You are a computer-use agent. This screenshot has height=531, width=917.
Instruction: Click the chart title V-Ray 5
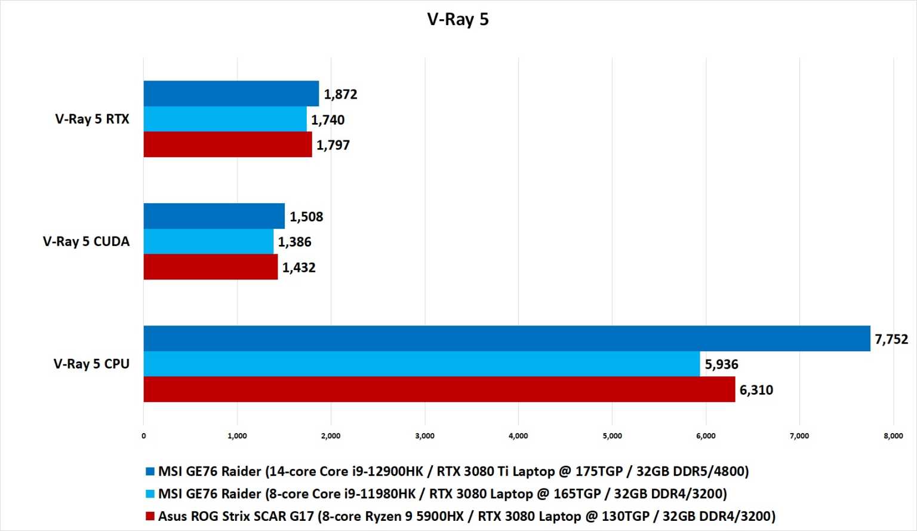(458, 19)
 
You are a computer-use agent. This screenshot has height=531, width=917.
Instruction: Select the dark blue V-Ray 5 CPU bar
(506, 339)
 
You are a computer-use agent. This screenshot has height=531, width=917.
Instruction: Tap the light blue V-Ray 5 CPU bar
(421, 364)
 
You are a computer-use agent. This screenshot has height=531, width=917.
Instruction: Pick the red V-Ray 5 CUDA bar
(210, 267)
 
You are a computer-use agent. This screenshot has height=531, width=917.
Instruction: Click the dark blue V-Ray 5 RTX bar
(231, 94)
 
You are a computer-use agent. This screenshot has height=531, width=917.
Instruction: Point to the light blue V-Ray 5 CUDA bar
(208, 241)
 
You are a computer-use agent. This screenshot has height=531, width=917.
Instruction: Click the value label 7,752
(891, 339)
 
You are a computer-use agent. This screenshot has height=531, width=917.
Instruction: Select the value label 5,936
(721, 364)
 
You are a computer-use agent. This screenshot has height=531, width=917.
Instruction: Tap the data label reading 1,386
(294, 242)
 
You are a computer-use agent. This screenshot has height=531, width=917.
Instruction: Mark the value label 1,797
(333, 145)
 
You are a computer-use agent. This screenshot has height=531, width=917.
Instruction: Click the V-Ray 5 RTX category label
(92, 119)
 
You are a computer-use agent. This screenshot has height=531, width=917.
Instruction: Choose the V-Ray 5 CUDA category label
(86, 241)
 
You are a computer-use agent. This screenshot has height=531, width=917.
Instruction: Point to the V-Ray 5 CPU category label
(91, 364)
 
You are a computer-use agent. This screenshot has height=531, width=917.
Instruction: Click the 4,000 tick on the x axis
(518, 436)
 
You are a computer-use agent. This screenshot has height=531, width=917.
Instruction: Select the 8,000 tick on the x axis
(893, 436)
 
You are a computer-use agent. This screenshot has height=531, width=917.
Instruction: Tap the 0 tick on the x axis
(143, 436)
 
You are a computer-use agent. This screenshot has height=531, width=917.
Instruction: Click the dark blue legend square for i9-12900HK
(150, 471)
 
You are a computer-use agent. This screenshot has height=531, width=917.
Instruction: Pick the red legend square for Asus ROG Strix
(150, 516)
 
